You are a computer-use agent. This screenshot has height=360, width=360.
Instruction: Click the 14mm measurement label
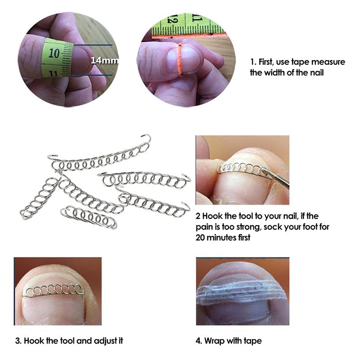pyautogui.click(x=105, y=60)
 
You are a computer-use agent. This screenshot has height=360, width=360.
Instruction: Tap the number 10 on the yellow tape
pyautogui.click(x=54, y=53)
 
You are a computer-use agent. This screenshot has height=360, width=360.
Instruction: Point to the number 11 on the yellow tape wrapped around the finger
pyautogui.click(x=53, y=73)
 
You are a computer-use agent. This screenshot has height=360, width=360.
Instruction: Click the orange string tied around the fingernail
pyautogui.click(x=180, y=60)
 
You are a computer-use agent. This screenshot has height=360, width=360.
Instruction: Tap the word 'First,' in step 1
pyautogui.click(x=266, y=62)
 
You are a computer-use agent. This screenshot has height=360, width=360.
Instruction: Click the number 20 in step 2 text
pyautogui.click(x=200, y=238)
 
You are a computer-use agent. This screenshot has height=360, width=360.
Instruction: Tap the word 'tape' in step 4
pyautogui.click(x=252, y=341)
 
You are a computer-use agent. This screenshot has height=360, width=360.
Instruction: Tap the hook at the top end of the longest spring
pyautogui.click(x=146, y=137)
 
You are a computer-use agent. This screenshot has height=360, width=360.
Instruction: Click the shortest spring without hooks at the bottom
pyautogui.click(x=89, y=217)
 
